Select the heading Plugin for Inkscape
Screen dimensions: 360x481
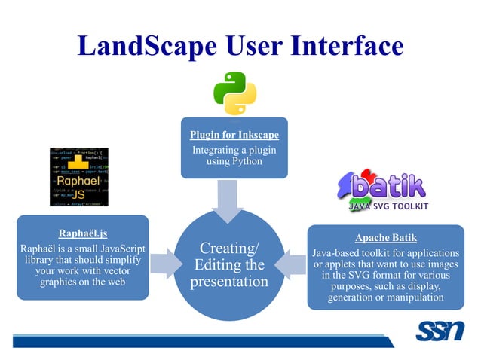[x=234, y=136]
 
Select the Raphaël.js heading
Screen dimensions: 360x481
[x=82, y=233]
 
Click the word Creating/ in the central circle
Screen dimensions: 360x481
[x=229, y=249]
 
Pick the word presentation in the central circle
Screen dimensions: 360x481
[x=229, y=282]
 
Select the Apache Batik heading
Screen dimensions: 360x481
[x=385, y=237]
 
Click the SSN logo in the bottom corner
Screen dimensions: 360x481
[x=440, y=332]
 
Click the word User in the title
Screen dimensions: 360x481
[x=245, y=47]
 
